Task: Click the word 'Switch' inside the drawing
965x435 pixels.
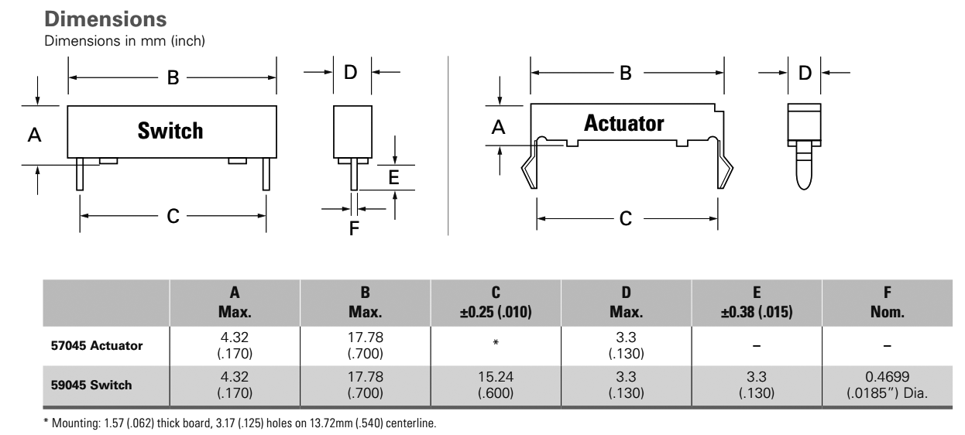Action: point(170,131)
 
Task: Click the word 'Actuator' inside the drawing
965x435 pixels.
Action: point(624,123)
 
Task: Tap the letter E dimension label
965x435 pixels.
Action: point(393,177)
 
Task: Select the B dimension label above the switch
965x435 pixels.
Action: point(173,77)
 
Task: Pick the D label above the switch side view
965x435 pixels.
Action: point(351,72)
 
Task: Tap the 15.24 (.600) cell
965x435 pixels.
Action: point(496,384)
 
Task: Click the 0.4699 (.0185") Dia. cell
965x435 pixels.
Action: point(888,384)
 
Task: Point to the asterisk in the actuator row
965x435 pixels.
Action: point(496,341)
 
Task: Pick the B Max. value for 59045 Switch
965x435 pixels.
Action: point(366,384)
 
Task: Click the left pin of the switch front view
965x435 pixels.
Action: point(80,174)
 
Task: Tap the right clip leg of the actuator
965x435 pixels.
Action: point(726,168)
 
